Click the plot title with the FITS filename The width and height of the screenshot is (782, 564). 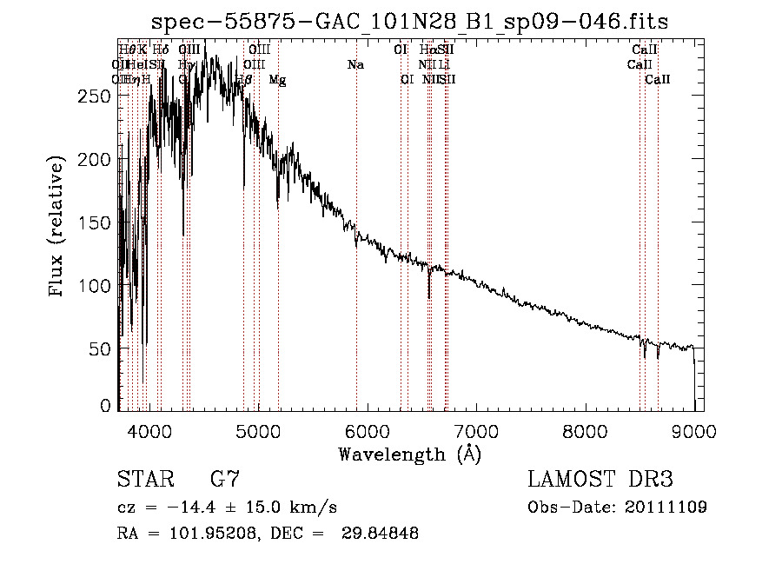409,22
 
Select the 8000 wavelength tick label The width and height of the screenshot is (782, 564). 585,430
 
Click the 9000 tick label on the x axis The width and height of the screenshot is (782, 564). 693,430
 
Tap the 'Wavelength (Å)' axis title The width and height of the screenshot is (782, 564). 409,454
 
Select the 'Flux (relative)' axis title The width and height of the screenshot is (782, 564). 59,228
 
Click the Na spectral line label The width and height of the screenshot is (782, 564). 355,65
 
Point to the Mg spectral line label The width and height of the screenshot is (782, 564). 277,80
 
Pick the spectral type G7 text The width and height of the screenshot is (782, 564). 224,480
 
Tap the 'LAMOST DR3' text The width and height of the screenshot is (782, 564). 600,480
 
